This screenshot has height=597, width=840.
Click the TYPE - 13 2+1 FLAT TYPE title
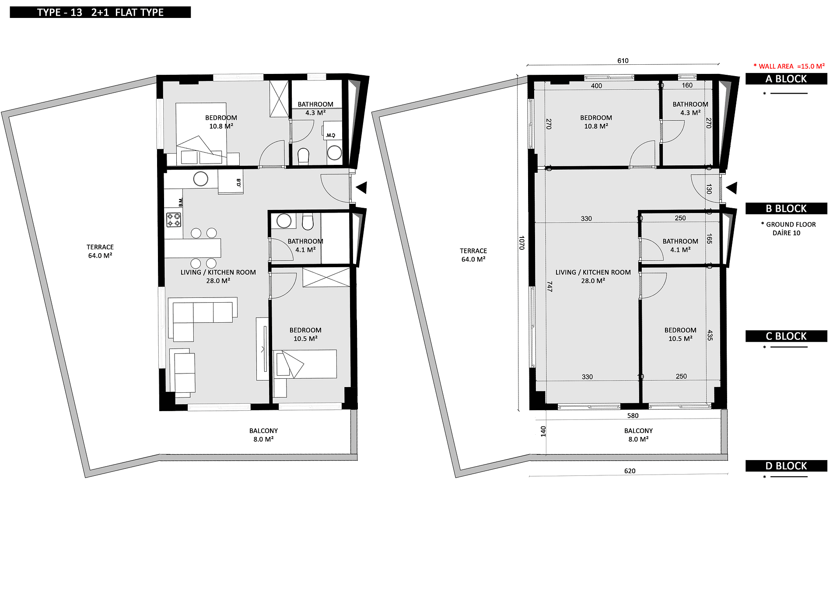pyautogui.click(x=100, y=12)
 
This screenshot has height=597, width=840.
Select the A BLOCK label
pyautogui.click(x=786, y=79)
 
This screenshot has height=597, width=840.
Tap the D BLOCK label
pyautogui.click(x=786, y=466)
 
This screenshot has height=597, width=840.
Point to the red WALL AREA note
pyautogui.click(x=789, y=66)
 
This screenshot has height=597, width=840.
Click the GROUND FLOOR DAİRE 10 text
pyautogui.click(x=788, y=228)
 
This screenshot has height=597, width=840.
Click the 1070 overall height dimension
pyautogui.click(x=521, y=243)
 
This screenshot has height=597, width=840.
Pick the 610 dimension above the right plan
pyautogui.click(x=623, y=61)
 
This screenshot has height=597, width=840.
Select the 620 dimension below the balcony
pyautogui.click(x=630, y=471)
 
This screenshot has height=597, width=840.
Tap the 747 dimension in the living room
pyautogui.click(x=549, y=286)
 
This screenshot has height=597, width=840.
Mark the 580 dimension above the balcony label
pyautogui.click(x=633, y=415)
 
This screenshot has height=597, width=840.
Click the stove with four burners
pyautogui.click(x=174, y=220)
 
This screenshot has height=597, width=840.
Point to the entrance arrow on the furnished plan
pyautogui.click(x=361, y=188)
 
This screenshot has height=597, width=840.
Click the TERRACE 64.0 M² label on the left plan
pyautogui.click(x=100, y=251)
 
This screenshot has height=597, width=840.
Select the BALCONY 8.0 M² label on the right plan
pyautogui.click(x=638, y=435)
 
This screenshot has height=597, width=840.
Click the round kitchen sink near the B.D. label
pyautogui.click(x=201, y=179)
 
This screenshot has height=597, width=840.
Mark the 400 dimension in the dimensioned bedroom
pyautogui.click(x=596, y=86)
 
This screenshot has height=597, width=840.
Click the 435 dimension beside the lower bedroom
pyautogui.click(x=710, y=335)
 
